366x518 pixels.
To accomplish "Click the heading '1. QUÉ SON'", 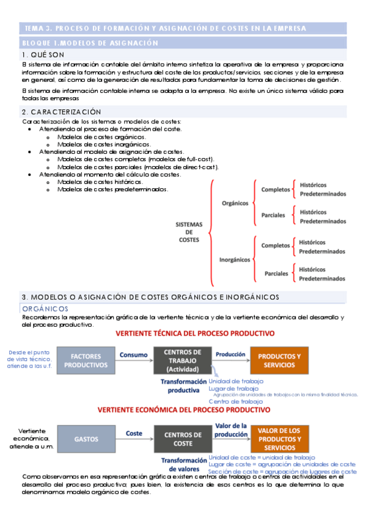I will coord(42,55).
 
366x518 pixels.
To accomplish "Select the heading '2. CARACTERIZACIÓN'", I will coord(61,112).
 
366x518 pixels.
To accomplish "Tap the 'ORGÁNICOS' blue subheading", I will coord(45,309).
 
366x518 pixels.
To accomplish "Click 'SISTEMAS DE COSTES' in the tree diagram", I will coord(189,232).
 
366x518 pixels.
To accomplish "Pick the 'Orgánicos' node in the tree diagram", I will coord(235,203).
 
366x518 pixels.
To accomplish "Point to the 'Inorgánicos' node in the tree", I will coord(235,259).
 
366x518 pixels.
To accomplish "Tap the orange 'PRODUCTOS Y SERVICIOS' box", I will coord(279,360).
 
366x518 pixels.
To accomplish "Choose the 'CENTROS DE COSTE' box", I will coord(183,439).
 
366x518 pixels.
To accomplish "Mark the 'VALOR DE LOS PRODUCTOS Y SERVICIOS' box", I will coord(279,439).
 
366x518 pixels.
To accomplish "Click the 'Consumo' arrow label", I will coord(133,354).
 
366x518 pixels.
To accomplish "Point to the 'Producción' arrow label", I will coord(230,354).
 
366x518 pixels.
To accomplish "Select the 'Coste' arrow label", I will coord(134,432).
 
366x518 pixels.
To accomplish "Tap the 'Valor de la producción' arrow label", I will coord(230,429).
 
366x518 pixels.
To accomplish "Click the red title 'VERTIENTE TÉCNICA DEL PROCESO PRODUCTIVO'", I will coord(195,334).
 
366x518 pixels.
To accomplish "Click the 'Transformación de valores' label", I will coord(184,465).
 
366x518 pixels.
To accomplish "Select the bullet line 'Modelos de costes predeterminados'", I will coord(112,189).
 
